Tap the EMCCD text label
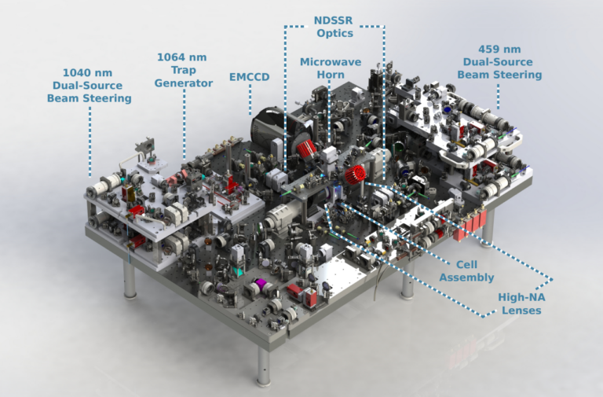coord(249,78)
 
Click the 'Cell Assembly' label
coord(466,270)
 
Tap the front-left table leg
coord(129,280)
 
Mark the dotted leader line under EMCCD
coord(250,98)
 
